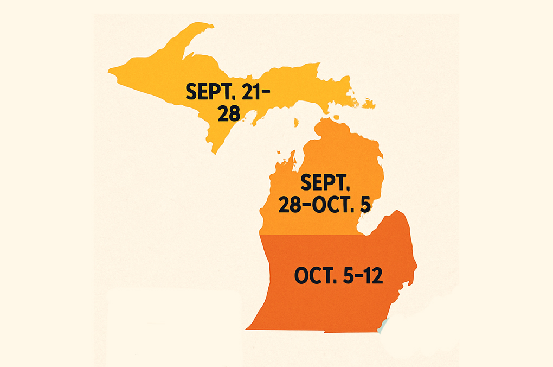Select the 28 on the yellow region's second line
tap(228, 113)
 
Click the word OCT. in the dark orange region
tap(315, 276)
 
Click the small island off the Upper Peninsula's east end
tap(369, 103)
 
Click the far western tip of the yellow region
tap(110, 70)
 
